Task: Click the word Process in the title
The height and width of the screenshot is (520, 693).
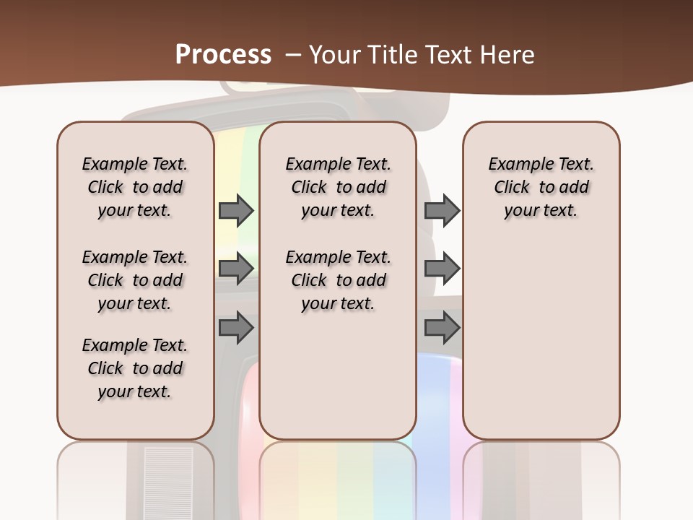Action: (223, 55)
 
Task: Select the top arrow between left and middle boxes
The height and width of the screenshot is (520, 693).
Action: (235, 210)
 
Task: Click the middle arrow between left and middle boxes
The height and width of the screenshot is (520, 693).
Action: (235, 269)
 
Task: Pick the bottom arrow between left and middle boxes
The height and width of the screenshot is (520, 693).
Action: (235, 328)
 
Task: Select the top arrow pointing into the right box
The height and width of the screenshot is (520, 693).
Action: (442, 210)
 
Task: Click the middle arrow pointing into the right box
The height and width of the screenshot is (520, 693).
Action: (442, 269)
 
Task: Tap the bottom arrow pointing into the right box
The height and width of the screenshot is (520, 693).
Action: (442, 328)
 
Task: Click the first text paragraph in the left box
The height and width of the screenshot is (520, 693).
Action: (135, 187)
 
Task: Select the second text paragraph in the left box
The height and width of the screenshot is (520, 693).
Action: (135, 280)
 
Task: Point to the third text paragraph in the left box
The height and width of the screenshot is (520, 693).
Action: (135, 368)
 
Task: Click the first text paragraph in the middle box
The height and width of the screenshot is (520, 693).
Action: (338, 187)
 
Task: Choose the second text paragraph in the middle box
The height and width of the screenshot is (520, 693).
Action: (338, 280)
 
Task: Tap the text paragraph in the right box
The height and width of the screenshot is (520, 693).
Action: (541, 187)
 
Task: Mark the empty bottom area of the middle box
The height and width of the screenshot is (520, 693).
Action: (338, 383)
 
